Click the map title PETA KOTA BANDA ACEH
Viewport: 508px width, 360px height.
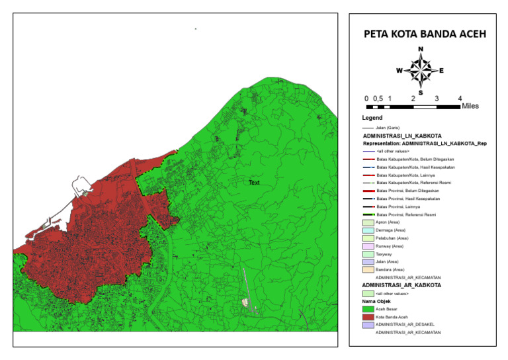tap(421, 35)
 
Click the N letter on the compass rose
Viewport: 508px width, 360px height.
tap(421, 50)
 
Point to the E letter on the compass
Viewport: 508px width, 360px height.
tap(441, 70)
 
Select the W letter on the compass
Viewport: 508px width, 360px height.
tap(399, 70)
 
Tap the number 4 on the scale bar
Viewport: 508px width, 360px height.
tap(460, 98)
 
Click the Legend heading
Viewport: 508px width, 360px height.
tap(372, 118)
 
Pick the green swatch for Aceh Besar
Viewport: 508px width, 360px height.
tap(368, 308)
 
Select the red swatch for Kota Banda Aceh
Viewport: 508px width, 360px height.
tap(368, 316)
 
